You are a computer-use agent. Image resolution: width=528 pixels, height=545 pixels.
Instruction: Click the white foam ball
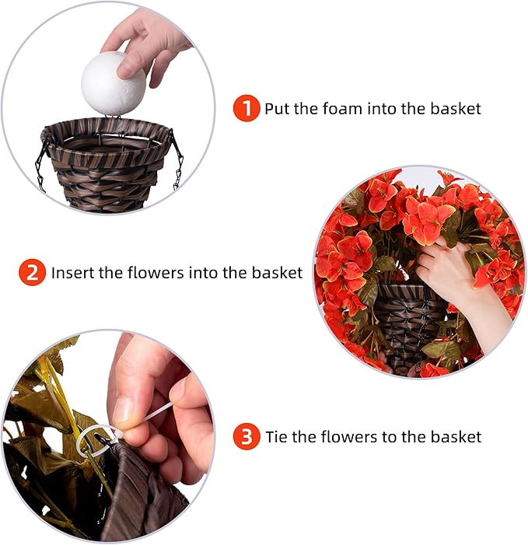114,82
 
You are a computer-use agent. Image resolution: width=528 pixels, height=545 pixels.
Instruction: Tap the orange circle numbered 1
247,108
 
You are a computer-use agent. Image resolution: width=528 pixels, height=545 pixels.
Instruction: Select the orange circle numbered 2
32,272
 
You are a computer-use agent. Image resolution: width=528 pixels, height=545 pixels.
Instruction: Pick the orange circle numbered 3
247,437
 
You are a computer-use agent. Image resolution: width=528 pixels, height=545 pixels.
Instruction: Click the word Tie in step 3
277,437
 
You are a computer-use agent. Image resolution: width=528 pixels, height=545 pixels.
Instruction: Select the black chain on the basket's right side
179,163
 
